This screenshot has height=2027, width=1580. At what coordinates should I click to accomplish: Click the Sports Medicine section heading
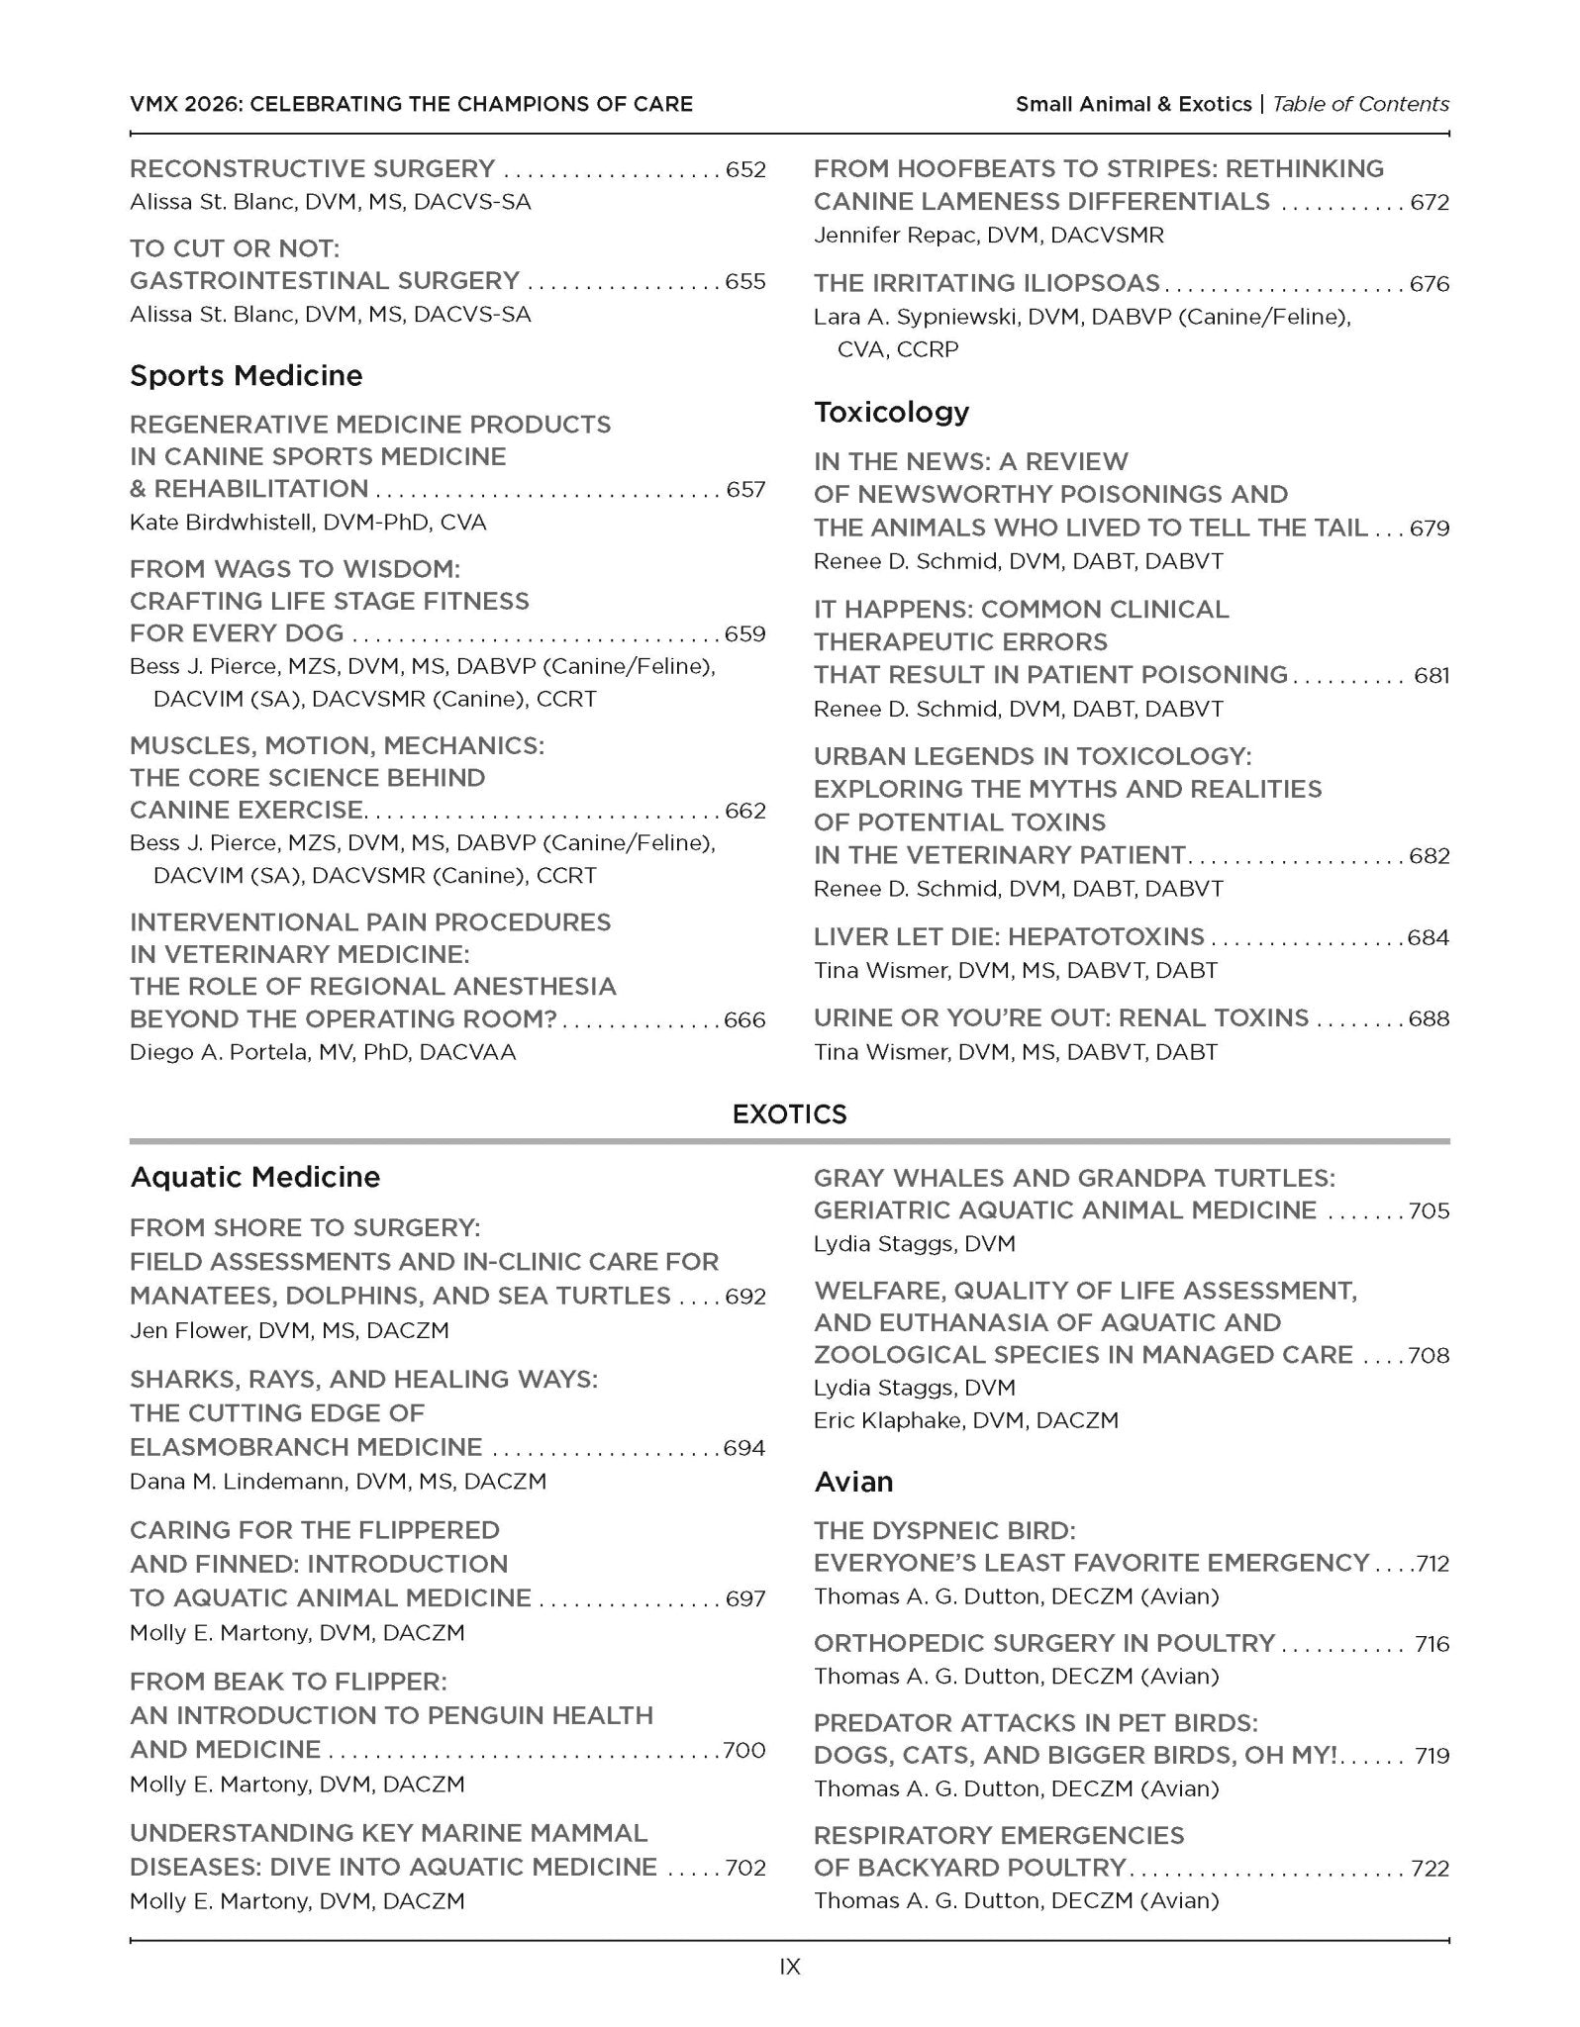click(x=246, y=375)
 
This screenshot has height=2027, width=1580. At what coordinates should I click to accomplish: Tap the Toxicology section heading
click(x=891, y=412)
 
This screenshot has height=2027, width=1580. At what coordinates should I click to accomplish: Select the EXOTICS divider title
click(x=789, y=1114)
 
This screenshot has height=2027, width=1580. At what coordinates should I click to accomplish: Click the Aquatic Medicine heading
click(x=255, y=1177)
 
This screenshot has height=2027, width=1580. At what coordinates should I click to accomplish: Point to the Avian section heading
click(x=853, y=1482)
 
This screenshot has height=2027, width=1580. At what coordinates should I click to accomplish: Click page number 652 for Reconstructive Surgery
click(x=745, y=169)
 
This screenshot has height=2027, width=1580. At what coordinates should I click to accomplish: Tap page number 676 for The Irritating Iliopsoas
click(x=1430, y=284)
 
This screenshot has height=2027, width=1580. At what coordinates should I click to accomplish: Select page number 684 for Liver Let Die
click(x=1429, y=937)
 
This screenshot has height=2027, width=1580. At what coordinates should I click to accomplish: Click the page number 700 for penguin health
click(x=744, y=1750)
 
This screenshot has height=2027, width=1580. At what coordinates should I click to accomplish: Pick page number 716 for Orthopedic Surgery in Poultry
click(x=1432, y=1644)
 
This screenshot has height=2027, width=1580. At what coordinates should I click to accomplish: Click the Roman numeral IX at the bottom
click(x=789, y=1967)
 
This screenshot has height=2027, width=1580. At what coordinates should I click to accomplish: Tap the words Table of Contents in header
click(x=1360, y=104)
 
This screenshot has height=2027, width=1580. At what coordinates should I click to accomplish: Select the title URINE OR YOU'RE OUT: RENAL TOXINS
click(x=1060, y=1018)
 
